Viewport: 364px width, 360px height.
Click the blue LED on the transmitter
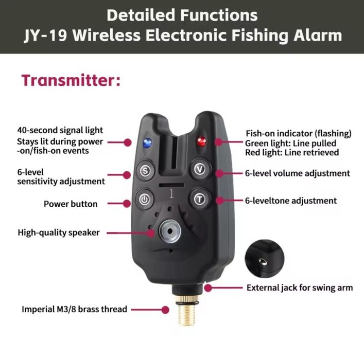[x=147, y=143]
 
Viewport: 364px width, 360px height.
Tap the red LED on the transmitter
[x=201, y=141]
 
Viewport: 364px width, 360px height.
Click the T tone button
[x=200, y=199]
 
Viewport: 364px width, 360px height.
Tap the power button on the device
[x=144, y=199]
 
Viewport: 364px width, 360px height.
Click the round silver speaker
[x=170, y=231]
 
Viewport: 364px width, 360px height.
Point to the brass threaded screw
[x=186, y=311]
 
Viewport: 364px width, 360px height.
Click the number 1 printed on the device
[x=171, y=193]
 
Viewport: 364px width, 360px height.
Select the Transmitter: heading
[x=71, y=81]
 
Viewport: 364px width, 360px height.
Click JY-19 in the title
[x=46, y=35]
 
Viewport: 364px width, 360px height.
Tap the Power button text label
[x=71, y=204]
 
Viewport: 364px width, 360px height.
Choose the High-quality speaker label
[x=59, y=232]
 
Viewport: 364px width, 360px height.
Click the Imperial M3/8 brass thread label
[x=74, y=309]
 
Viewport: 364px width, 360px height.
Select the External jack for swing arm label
[x=300, y=287]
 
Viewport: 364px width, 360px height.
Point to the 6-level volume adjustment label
[x=298, y=173]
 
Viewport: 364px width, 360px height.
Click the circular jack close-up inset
[x=265, y=259]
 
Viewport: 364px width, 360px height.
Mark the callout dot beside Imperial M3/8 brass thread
[x=165, y=310]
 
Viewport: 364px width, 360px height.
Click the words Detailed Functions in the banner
[x=182, y=15]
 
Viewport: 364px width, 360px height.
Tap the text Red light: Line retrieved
[x=292, y=153]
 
